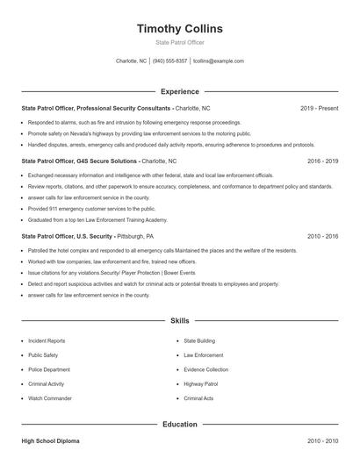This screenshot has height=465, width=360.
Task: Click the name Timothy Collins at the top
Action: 179,29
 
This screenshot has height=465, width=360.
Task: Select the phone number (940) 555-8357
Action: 169,61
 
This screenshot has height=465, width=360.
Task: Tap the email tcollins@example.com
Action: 218,61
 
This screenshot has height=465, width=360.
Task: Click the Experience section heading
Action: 179,91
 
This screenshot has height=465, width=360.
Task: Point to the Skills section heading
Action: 179,321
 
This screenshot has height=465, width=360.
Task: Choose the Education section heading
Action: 179,425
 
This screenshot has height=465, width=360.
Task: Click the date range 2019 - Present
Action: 319,108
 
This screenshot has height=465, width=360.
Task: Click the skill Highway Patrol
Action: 200,383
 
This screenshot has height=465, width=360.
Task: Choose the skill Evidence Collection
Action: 205,369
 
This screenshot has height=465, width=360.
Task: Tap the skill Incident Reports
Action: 47,340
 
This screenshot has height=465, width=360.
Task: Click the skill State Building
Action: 199,340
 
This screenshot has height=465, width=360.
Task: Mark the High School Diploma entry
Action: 50,441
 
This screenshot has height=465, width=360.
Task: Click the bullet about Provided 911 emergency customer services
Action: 91,209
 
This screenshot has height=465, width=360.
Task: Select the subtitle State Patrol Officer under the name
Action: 179,43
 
